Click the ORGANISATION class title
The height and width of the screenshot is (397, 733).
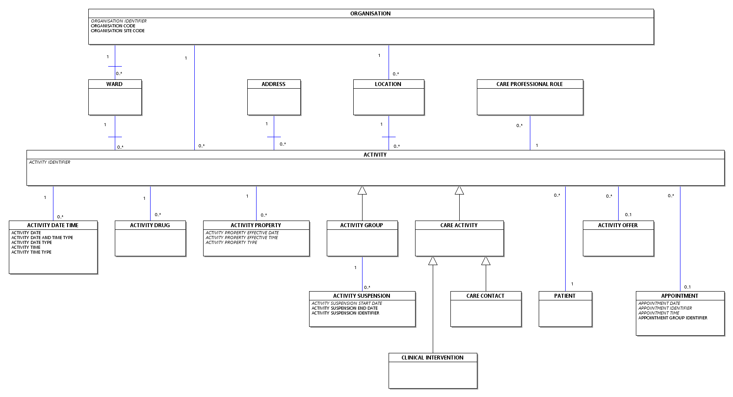tap(370, 13)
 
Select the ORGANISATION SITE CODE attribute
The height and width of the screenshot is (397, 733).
tap(117, 31)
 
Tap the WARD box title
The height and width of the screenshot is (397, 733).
tap(114, 84)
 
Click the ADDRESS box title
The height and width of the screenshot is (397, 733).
tap(274, 84)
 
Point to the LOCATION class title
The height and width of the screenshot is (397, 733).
tap(388, 84)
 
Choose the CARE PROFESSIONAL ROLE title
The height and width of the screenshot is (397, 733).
tap(529, 84)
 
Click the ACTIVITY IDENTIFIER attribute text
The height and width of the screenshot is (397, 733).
tap(49, 162)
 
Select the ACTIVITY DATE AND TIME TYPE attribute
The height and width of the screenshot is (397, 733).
tap(42, 238)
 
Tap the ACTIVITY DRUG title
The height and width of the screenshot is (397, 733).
tap(150, 225)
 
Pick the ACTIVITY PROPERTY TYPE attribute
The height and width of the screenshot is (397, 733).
tap(231, 242)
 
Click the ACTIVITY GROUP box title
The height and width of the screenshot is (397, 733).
tap(362, 225)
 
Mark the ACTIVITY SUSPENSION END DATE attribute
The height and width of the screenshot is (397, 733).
tap(344, 308)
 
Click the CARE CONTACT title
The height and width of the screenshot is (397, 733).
tap(485, 296)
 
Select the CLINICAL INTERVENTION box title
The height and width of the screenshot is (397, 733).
tap(432, 358)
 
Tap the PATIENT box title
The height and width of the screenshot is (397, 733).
tap(565, 296)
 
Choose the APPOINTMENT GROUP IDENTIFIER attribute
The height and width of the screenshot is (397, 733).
tap(673, 318)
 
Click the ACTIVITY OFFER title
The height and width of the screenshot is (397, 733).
tap(618, 225)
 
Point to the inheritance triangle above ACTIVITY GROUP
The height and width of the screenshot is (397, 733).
tap(362, 191)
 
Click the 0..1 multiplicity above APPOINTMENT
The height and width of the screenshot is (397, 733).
tap(688, 287)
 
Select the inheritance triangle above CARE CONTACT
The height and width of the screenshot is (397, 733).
tap(486, 261)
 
